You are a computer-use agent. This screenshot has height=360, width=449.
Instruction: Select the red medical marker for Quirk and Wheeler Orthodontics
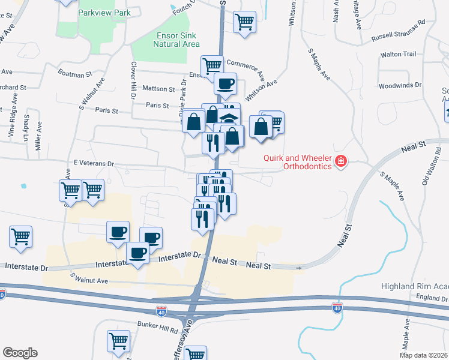341,161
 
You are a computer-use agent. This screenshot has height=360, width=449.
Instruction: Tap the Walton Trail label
398,54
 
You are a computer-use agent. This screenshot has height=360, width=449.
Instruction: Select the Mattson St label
158,88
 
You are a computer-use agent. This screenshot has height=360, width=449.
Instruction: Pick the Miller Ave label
38,136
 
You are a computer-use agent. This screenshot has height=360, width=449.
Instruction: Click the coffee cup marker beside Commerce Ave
225,85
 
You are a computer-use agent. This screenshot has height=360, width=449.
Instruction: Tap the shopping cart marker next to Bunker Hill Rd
119,341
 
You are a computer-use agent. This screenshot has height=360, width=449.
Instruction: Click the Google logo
20,353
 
